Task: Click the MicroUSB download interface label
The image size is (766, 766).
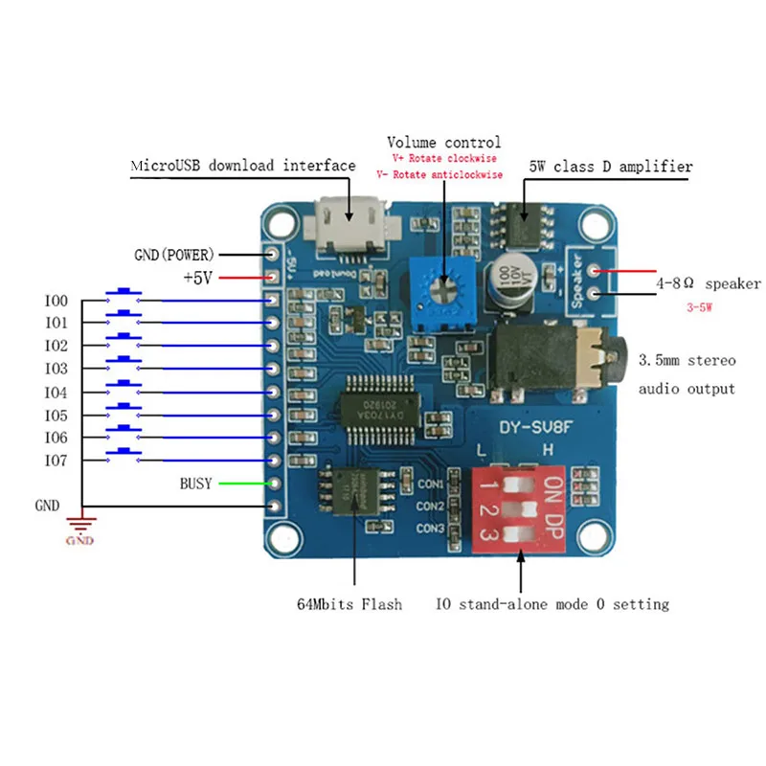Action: (242, 166)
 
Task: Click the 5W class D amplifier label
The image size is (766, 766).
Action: (610, 166)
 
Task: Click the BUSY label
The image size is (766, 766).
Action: (196, 484)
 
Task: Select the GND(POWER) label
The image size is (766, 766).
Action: (174, 255)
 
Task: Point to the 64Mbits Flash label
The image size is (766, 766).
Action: (349, 604)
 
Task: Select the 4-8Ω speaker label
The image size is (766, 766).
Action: (708, 283)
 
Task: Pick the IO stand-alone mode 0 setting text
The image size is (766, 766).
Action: (552, 604)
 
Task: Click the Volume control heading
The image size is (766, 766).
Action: (443, 143)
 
